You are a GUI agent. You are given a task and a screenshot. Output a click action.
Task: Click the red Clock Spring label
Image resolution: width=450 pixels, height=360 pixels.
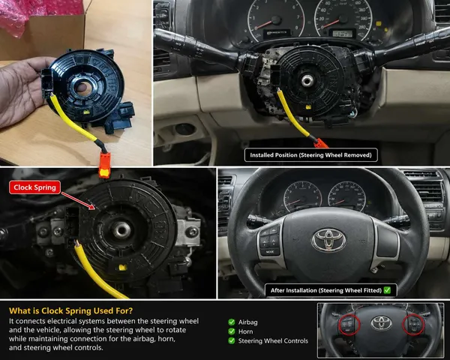pyautogui.click(x=34, y=187)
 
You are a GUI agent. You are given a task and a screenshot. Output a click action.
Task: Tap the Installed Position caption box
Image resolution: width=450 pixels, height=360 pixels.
pyautogui.click(x=310, y=155)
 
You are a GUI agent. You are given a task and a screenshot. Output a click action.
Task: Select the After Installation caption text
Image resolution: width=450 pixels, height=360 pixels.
pyautogui.click(x=326, y=290)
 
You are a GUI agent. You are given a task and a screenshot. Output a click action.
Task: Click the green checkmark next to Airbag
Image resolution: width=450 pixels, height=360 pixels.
pyautogui.click(x=232, y=322)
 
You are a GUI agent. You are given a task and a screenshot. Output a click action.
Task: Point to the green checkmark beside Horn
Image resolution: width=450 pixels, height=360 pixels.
pyautogui.click(x=232, y=331)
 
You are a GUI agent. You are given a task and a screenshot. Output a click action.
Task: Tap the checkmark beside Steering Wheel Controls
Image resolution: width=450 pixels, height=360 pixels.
pyautogui.click(x=232, y=340)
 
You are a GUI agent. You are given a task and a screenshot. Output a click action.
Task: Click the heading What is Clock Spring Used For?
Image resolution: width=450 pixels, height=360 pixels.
pyautogui.click(x=71, y=311)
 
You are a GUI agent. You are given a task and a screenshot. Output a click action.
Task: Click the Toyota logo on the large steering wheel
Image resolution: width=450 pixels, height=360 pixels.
pyautogui.click(x=329, y=240)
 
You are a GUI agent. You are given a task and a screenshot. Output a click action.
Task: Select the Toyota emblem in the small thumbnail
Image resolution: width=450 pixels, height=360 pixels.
pyautogui.click(x=381, y=323)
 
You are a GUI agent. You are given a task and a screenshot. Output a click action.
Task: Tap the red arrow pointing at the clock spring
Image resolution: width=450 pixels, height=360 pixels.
pyautogui.click(x=78, y=201)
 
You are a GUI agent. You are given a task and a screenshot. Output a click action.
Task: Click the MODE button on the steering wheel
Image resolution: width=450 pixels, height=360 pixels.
pyautogui.click(x=270, y=252)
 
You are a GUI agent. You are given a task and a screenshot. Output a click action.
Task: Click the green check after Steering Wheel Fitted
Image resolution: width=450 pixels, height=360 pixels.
pyautogui.click(x=387, y=290)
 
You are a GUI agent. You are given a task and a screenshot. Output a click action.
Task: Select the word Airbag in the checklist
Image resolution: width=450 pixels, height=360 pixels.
pyautogui.click(x=247, y=322)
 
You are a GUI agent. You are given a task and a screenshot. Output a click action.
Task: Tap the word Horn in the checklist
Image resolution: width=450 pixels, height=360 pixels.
pyautogui.click(x=246, y=331)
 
